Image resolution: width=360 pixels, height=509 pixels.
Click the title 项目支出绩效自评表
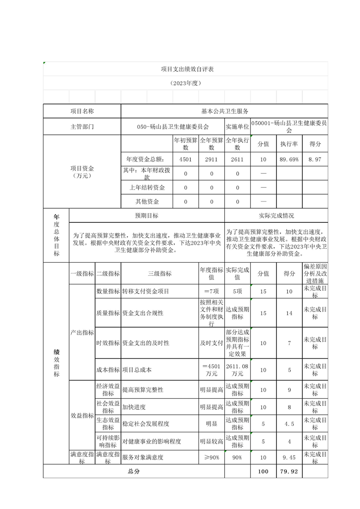point(187,69)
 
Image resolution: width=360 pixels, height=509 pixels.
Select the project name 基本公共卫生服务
point(225,111)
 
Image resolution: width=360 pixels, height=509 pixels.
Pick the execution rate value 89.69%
point(289,160)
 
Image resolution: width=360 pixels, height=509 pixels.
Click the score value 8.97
point(315,160)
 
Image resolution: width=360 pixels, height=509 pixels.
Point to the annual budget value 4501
point(186,160)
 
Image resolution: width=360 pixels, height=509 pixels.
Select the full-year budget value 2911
point(212,160)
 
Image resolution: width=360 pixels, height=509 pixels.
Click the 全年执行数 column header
point(237,144)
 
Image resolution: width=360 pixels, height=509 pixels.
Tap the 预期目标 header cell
point(147,216)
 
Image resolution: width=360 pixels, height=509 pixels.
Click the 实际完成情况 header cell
point(276,216)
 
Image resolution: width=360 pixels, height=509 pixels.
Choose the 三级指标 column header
point(160,274)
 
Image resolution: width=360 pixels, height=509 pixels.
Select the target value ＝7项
point(212,291)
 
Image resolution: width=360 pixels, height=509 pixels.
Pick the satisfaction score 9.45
point(289,458)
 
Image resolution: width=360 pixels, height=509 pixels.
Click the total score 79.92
point(289,472)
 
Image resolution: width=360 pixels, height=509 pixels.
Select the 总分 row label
point(133,472)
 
